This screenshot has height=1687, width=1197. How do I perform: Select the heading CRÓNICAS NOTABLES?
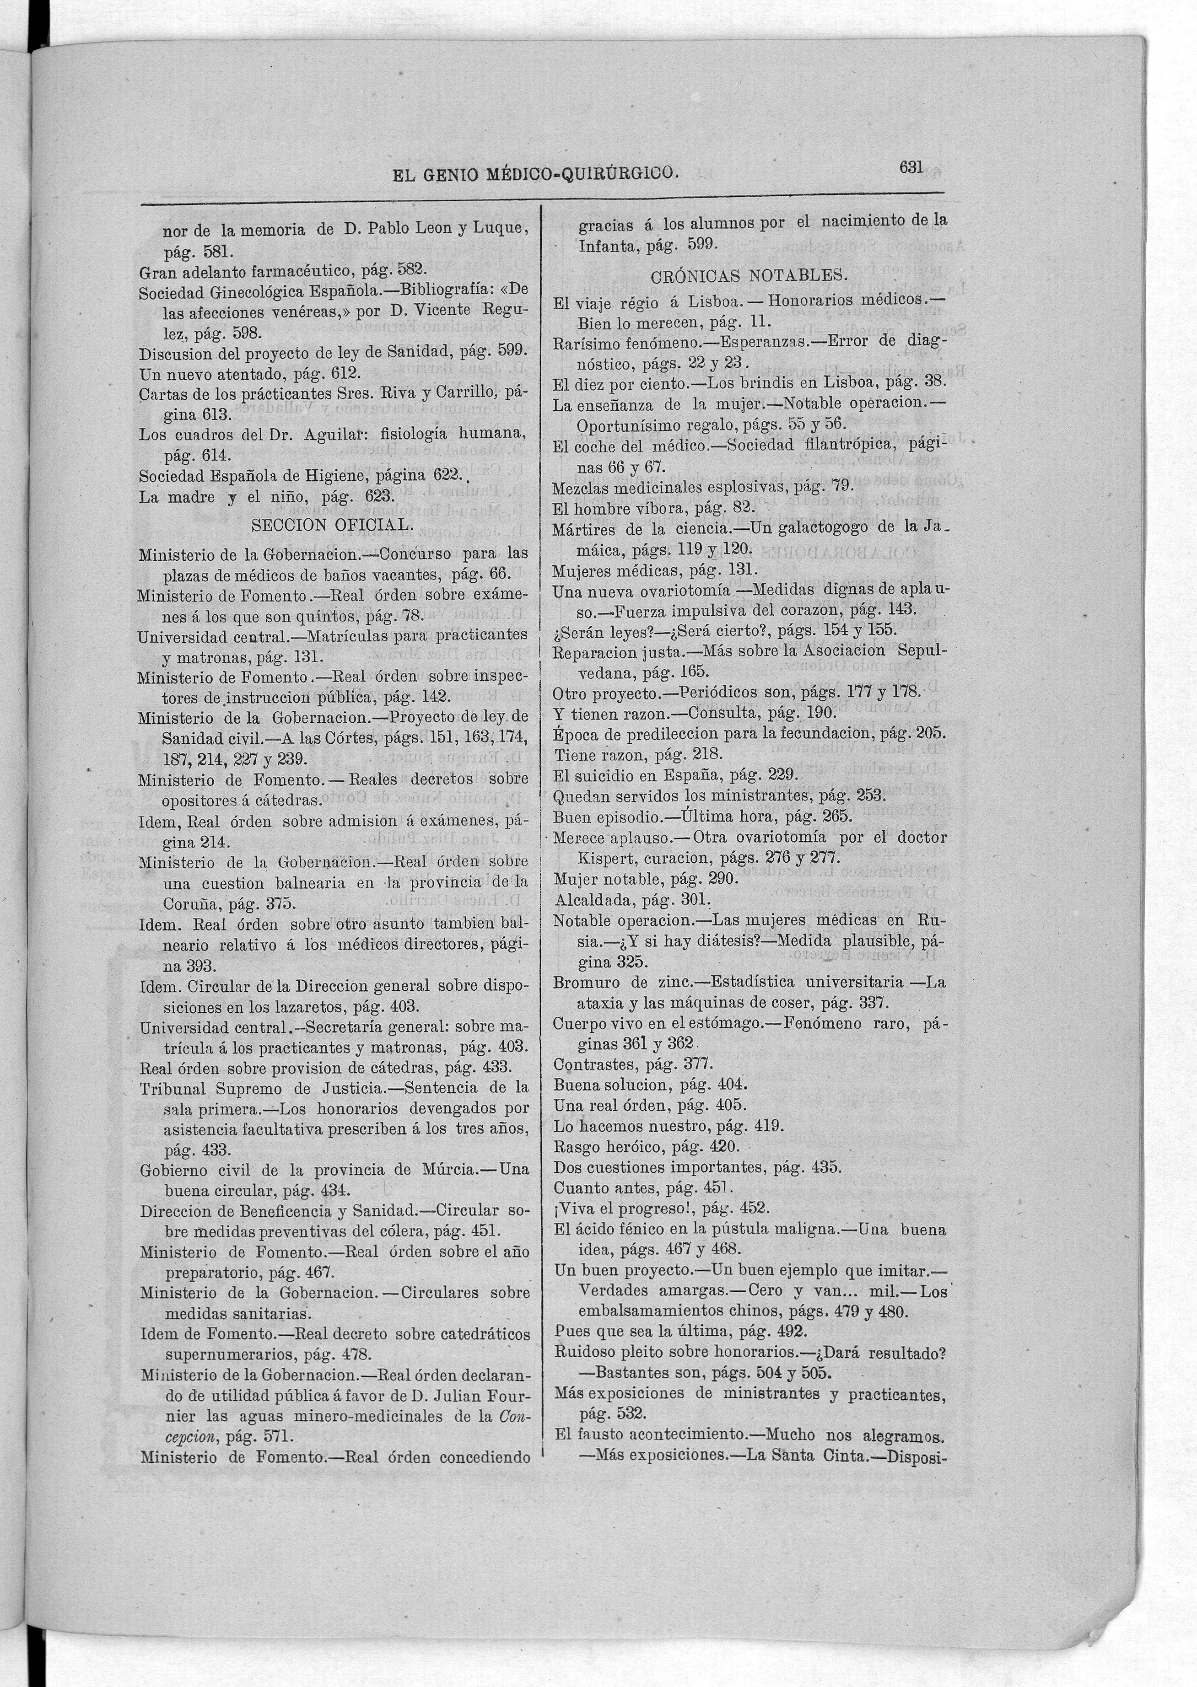[749, 276]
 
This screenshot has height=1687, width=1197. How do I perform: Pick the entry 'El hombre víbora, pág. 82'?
[654, 508]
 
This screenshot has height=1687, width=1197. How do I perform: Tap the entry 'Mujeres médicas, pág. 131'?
[654, 569]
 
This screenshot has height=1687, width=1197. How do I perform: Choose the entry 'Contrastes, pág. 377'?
[633, 1064]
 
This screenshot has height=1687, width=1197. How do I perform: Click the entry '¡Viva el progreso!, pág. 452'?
[662, 1208]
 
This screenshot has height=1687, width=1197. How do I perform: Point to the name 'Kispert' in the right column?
[604, 858]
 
